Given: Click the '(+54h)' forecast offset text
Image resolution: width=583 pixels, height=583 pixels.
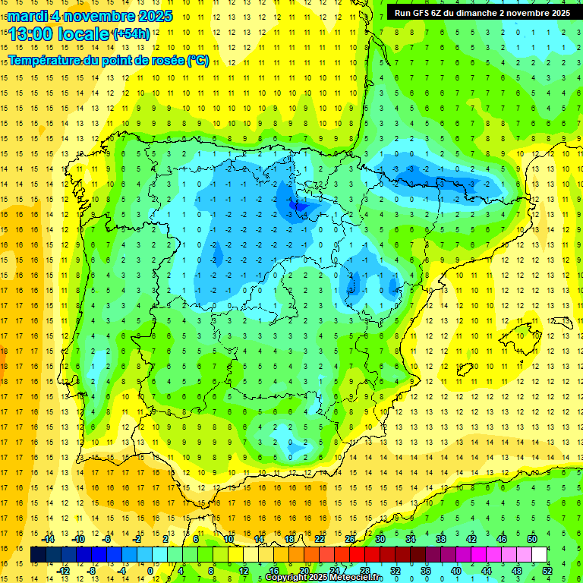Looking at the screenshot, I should click(x=131, y=34).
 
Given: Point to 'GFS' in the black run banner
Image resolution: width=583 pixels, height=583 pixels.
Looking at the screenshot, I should click(x=423, y=13).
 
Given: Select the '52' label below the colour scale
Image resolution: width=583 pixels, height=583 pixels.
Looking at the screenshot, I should click(x=547, y=570).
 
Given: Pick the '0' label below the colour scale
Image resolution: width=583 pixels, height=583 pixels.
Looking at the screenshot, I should click(x=150, y=570).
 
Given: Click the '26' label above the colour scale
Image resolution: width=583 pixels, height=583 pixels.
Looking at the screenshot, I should click(x=350, y=539).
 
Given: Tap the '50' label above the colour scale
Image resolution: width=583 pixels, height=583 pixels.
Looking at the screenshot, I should click(x=532, y=539).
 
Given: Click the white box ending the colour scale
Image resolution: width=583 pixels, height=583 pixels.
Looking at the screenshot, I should click(x=539, y=555).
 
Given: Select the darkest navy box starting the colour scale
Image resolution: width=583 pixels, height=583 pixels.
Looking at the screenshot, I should click(x=38, y=555).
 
